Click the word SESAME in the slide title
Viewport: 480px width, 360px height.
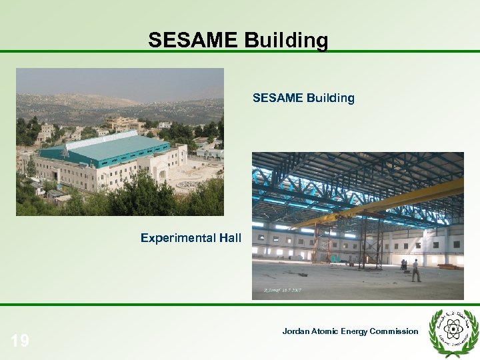coord(192,41)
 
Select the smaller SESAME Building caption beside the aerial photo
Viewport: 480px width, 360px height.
coord(303,99)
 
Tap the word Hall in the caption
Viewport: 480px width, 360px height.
coord(230,237)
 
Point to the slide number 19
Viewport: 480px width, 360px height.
coord(20,341)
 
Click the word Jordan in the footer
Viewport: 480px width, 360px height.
coord(296,331)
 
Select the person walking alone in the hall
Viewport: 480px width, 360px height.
coord(416,270)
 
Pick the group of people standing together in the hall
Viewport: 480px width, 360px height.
coord(404,264)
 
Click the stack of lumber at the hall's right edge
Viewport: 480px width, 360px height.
coord(448,266)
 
